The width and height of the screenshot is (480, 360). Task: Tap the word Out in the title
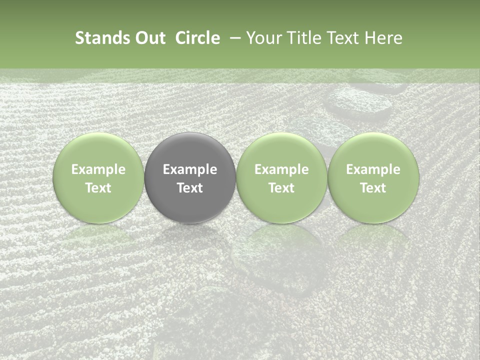click(x=149, y=38)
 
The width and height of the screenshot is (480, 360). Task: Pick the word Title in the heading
click(x=305, y=38)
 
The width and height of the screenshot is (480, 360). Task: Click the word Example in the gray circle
click(x=190, y=169)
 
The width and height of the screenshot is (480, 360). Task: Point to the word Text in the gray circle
click(x=190, y=188)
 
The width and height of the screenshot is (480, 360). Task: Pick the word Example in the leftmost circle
click(x=98, y=169)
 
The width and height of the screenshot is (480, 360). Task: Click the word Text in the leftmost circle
click(x=98, y=188)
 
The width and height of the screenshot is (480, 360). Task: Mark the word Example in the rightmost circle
click(x=373, y=169)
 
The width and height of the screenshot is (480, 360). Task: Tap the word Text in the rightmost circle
click(x=373, y=188)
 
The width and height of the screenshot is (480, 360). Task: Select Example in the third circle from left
click(x=281, y=169)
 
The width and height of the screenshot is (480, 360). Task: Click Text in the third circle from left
click(x=281, y=188)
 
